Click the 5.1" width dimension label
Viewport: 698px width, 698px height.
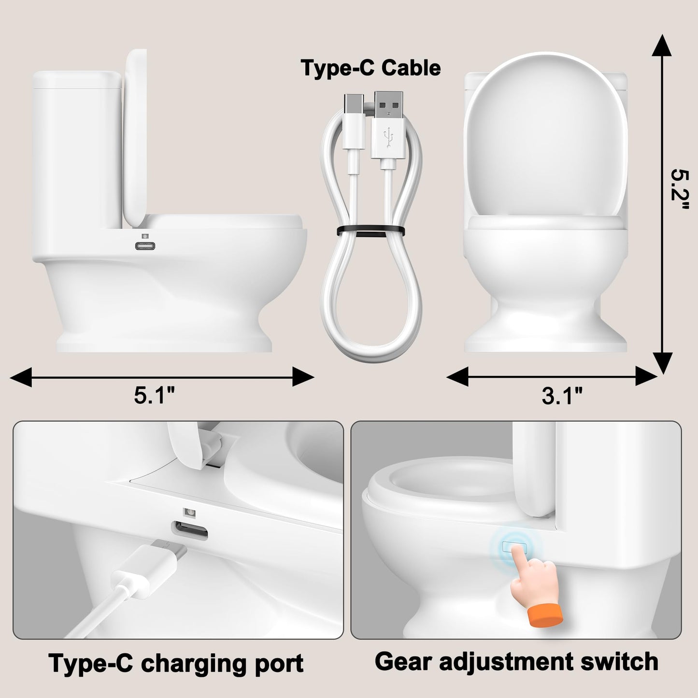[154, 396]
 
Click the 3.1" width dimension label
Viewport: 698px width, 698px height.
[562, 396]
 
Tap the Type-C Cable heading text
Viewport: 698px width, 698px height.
[370, 68]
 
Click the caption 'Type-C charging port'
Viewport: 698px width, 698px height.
[176, 663]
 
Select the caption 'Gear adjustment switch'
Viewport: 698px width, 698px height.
[516, 661]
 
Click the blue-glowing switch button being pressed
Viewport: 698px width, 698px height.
[514, 546]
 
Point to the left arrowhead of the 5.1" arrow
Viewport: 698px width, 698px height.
[22, 376]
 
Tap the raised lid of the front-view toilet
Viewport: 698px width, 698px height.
[545, 135]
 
